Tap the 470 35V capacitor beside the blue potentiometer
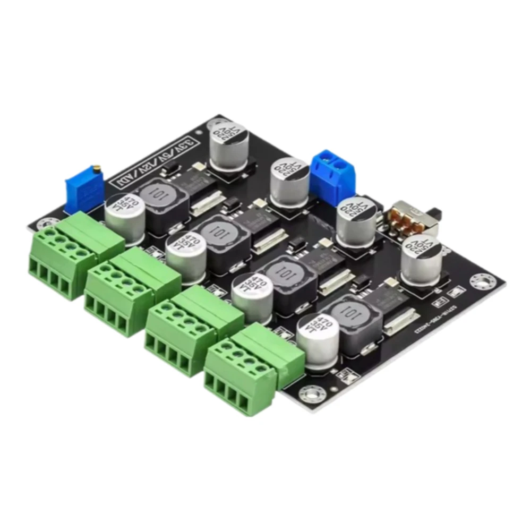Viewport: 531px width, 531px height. click(x=123, y=215)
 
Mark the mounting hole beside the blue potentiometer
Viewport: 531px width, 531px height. click(x=45, y=221)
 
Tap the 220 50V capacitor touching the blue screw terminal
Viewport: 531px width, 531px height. click(x=289, y=181)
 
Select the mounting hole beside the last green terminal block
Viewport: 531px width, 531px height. click(x=310, y=393)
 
